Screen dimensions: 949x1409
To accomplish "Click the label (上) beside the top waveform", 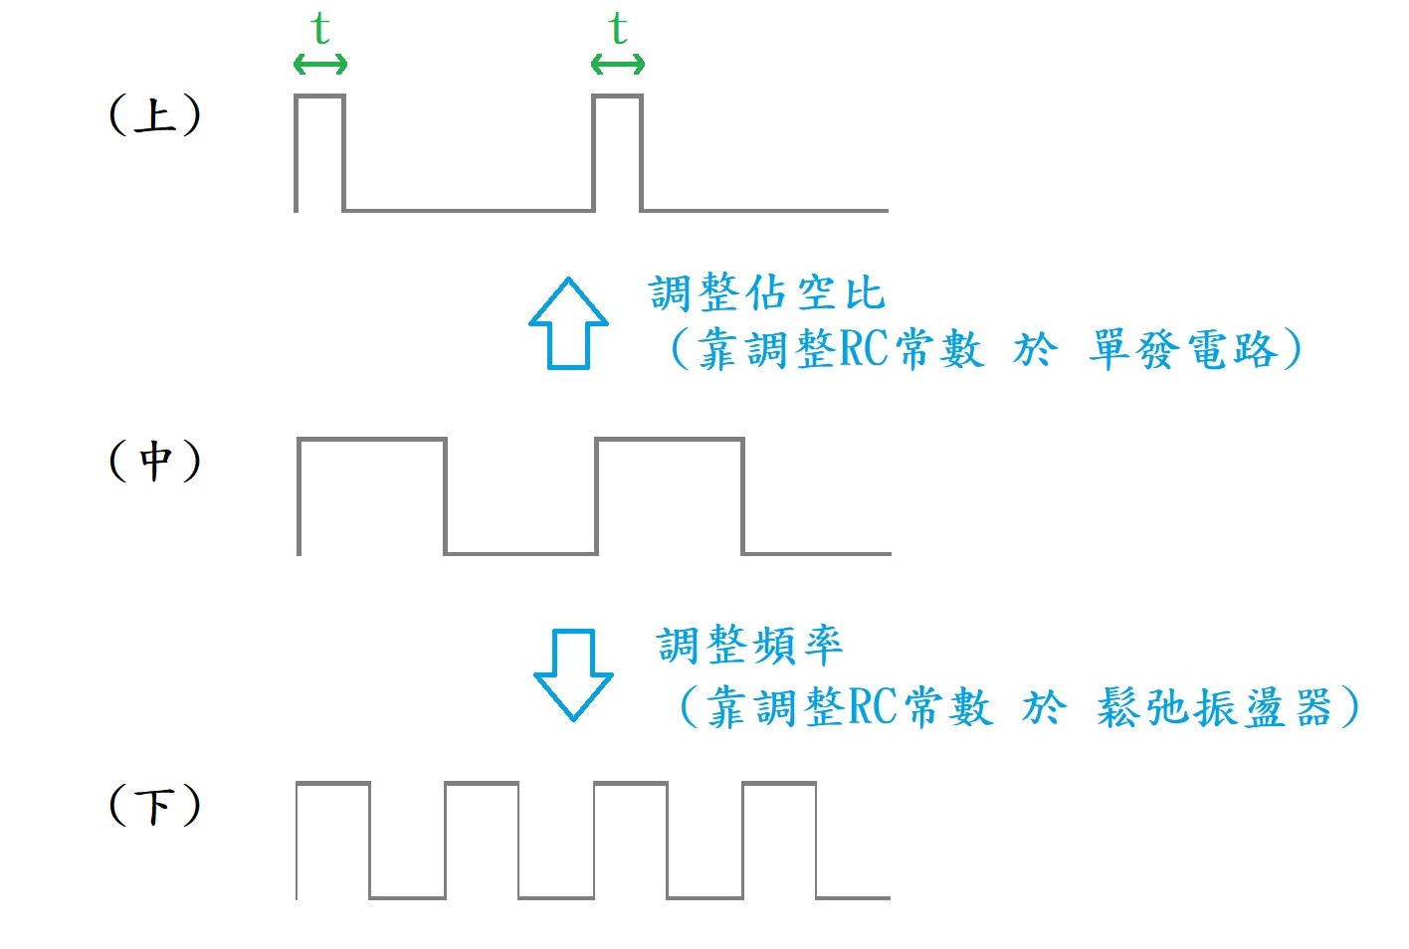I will (154, 115).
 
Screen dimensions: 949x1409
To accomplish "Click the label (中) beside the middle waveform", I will (154, 461).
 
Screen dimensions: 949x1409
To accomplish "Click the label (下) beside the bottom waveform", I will (154, 805).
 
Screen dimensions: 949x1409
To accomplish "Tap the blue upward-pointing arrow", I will (568, 323).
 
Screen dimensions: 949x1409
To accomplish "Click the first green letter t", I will (319, 29).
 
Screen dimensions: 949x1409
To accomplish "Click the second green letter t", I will (618, 29).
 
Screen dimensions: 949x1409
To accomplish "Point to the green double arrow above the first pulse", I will (320, 66).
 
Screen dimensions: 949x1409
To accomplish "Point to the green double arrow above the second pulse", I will (618, 66).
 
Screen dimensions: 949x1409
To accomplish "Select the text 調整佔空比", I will (766, 293).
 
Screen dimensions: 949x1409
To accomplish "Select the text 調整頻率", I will (749, 646).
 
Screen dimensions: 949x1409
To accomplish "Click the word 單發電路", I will (1182, 350).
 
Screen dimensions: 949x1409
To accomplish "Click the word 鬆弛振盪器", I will (1214, 708).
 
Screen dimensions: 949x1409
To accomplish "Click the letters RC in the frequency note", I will (872, 708).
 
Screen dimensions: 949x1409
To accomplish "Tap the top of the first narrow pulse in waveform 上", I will (319, 96).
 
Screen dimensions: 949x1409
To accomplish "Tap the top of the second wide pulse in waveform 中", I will (670, 440).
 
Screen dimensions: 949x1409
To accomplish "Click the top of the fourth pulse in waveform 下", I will (779, 784).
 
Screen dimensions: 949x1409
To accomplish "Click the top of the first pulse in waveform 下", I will (333, 784).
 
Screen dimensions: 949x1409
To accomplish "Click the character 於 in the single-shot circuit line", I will (1035, 350).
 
